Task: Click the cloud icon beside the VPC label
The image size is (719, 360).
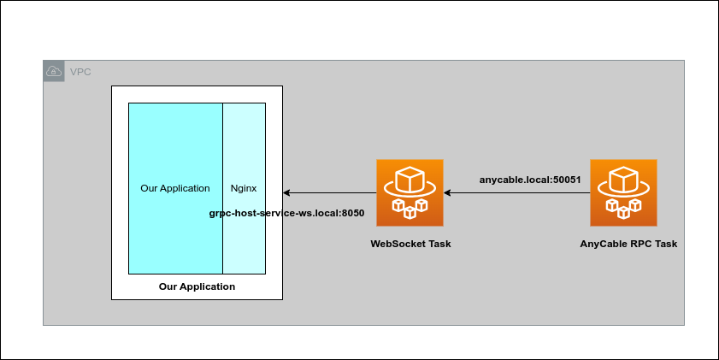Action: (53, 71)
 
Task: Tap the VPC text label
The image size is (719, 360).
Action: (80, 71)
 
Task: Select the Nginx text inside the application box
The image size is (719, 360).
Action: (244, 188)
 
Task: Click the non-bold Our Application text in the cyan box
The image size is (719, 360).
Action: (175, 188)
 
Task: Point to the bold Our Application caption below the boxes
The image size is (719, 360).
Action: (197, 286)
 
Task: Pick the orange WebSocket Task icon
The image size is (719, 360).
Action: (410, 192)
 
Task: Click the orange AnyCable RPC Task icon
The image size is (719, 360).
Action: (624, 192)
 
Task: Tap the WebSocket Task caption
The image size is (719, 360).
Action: (410, 244)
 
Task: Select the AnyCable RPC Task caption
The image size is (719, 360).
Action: (628, 244)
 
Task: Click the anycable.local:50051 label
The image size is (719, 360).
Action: (530, 180)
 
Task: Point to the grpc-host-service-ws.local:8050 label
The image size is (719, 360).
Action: (287, 213)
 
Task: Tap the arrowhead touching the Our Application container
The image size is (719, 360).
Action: (287, 193)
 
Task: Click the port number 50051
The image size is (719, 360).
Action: (565, 180)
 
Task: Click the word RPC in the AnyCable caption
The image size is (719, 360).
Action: (634, 244)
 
